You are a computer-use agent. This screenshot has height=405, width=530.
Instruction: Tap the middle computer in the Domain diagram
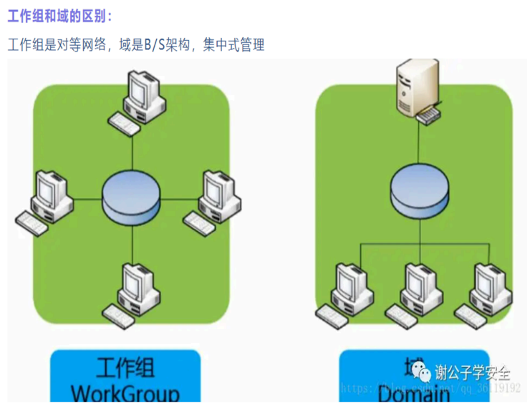click(x=421, y=286)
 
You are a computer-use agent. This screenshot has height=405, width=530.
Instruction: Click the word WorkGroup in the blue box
click(x=125, y=394)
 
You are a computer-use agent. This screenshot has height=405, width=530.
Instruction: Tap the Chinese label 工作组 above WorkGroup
click(x=125, y=368)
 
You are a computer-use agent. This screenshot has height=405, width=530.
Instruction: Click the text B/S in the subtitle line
click(x=155, y=45)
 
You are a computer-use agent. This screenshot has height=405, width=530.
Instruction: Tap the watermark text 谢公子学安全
click(x=473, y=372)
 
